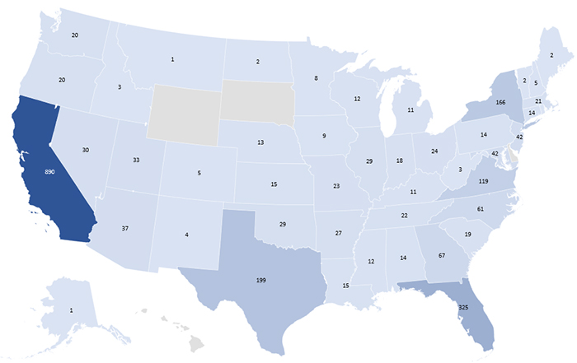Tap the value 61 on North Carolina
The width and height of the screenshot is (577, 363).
click(479, 209)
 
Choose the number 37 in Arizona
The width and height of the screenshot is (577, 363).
click(124, 228)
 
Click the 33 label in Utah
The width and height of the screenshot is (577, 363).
click(137, 161)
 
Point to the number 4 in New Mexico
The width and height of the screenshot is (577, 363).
click(186, 235)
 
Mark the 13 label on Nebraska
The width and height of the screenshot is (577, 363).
click(260, 142)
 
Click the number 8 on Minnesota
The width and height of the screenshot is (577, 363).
click(316, 78)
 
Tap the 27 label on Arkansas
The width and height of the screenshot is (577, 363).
click(338, 233)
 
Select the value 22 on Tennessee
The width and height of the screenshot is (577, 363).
click(404, 216)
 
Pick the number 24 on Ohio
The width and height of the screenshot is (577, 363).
click(432, 151)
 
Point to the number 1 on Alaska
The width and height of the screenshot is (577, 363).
click(72, 309)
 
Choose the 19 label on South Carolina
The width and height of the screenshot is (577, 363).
click(467, 235)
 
